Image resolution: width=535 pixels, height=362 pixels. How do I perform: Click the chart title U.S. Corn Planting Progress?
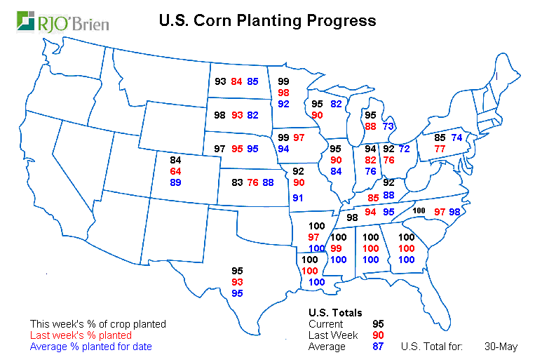point(267,20)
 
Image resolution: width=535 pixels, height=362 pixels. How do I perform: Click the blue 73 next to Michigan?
point(388,126)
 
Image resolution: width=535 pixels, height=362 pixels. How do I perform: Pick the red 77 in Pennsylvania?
point(440,149)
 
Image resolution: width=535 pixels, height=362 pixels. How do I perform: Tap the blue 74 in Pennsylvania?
point(456,138)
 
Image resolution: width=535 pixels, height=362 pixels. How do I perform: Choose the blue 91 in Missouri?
point(299,198)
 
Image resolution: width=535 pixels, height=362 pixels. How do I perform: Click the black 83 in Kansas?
point(237,183)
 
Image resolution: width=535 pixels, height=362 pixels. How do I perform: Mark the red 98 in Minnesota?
point(284,93)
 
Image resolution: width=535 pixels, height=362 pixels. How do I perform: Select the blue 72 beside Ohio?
point(404,149)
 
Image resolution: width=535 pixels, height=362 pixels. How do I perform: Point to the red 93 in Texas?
point(237,281)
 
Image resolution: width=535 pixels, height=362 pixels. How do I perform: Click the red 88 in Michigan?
point(371,126)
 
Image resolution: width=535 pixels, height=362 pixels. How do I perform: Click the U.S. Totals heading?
point(335,313)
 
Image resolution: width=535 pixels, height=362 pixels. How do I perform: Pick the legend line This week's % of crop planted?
point(98,324)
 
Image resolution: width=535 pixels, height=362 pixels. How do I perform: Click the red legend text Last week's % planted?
point(81,335)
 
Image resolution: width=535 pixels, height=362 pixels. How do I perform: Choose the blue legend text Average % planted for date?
point(91,347)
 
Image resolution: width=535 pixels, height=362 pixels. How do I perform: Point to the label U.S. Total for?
point(431,347)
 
